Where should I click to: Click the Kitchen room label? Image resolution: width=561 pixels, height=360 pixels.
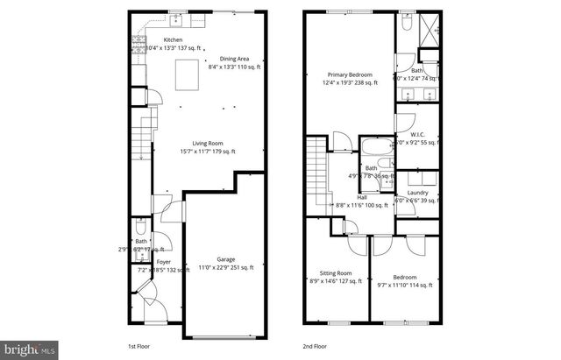pyautogui.click(x=173, y=40)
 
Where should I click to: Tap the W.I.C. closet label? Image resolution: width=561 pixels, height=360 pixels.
pyautogui.click(x=418, y=134)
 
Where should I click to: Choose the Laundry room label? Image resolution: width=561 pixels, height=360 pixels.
pyautogui.click(x=417, y=193)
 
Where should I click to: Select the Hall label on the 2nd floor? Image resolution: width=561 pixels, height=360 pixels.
pyautogui.click(x=362, y=197)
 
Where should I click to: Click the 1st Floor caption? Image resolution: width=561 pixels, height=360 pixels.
pyautogui.click(x=138, y=347)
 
